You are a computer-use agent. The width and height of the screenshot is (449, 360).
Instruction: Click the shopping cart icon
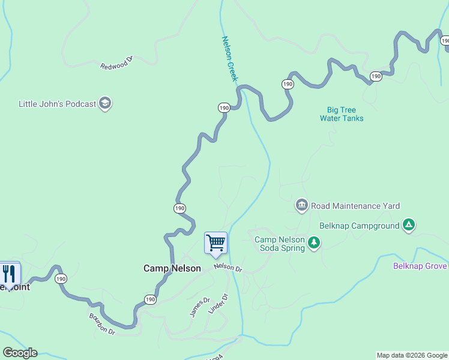pos(215,243)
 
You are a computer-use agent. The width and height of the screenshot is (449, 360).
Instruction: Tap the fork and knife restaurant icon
pos(8,274)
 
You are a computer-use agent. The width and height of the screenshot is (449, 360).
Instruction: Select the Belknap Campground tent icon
pos(409,226)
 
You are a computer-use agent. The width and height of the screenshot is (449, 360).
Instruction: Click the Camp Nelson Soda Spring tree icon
pos(313,242)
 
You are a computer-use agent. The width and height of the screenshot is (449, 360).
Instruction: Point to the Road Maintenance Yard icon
pos(301,206)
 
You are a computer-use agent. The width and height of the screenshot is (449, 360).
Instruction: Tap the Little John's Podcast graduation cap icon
pos(106,103)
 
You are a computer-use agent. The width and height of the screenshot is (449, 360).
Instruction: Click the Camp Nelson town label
pos(172,268)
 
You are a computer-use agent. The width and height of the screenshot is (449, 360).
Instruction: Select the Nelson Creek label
pos(230,59)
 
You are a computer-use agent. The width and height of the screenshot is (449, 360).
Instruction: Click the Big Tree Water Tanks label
pos(342,114)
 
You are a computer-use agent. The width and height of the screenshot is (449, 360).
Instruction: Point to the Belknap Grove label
pos(420,266)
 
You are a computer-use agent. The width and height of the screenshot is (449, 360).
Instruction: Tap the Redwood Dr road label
pos(116,64)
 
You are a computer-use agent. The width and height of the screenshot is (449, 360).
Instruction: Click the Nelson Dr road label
pos(228,268)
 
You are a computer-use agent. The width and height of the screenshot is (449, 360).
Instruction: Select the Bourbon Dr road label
pos(101,323)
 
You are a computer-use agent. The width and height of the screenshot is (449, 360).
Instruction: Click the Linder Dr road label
pos(218,304)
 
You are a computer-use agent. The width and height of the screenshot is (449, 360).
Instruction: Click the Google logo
pos(20,353)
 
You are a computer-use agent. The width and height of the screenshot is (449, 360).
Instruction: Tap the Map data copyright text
pos(412,355)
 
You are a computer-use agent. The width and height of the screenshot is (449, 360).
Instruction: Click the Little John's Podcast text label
pos(58,104)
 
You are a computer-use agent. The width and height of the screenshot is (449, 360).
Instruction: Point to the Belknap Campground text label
pos(359,226)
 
